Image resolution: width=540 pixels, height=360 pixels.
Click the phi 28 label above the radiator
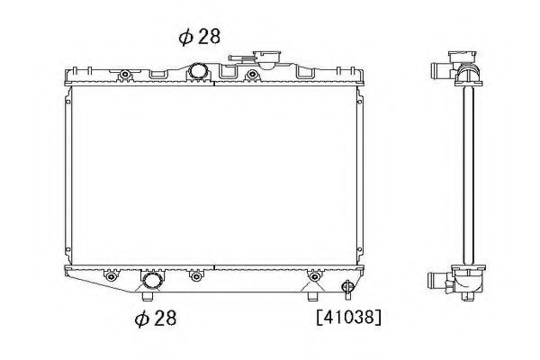tap(200, 37)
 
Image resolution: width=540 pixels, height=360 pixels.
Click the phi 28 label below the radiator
tap(156, 318)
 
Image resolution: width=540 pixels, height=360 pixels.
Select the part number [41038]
tap(349, 317)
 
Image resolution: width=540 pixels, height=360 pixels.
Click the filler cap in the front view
tap(266, 58)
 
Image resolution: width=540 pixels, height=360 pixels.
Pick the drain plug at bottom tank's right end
tap(347, 286)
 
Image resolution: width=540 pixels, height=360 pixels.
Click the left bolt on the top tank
tap(125, 74)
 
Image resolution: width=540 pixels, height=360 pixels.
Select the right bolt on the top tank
tap(252, 74)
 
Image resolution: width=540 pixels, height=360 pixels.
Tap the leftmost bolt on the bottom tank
tap(111, 276)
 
